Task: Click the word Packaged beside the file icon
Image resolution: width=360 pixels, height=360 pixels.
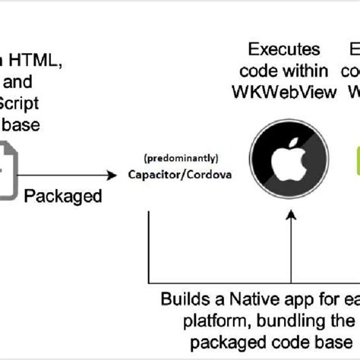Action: click(63, 196)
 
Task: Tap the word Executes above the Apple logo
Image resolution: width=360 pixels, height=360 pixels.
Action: click(284, 50)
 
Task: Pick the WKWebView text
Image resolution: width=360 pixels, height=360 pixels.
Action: click(284, 92)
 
